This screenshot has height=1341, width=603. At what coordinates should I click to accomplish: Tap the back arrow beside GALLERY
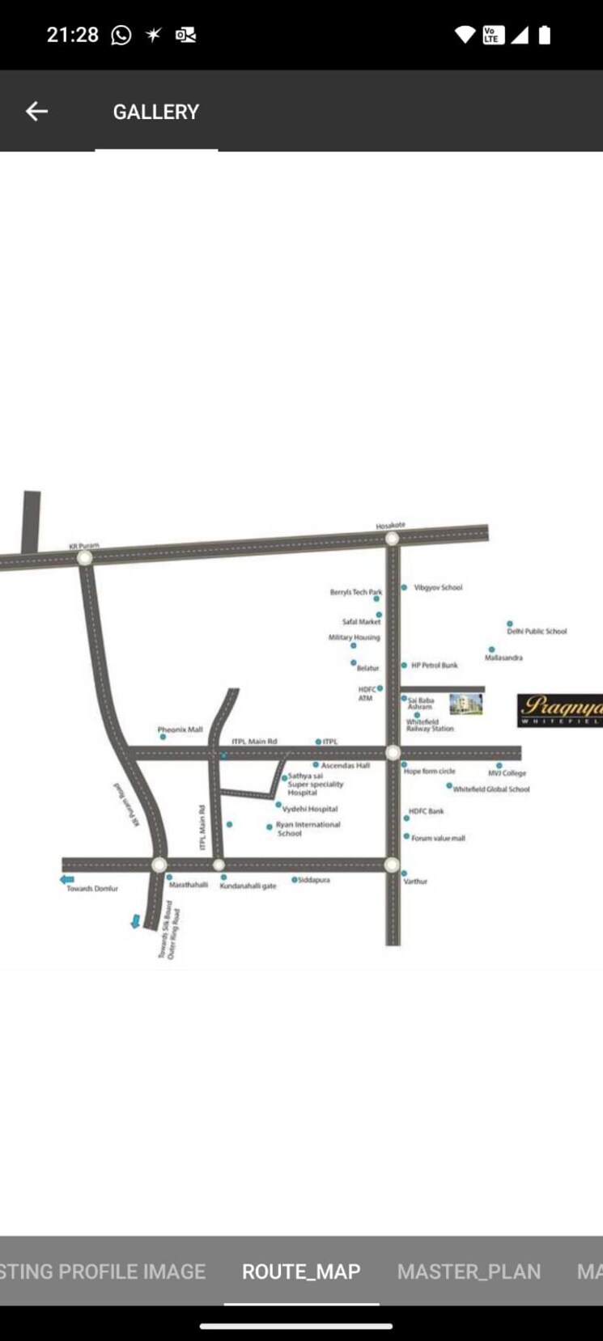(x=36, y=112)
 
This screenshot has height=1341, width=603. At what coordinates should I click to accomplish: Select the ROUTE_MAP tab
(x=301, y=1271)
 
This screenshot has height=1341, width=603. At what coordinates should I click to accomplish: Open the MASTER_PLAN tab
(x=469, y=1271)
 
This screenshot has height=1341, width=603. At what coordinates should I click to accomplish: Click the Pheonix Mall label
(x=180, y=730)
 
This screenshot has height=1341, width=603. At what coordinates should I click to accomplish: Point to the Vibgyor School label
(x=438, y=588)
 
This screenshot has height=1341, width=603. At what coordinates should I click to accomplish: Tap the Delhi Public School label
(x=537, y=632)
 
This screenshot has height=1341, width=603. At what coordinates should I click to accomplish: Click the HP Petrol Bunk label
(x=434, y=666)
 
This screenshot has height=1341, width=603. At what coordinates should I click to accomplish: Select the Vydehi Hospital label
(x=310, y=809)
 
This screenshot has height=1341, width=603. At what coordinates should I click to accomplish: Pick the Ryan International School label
(x=308, y=829)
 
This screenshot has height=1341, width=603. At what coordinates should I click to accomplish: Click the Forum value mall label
(x=438, y=839)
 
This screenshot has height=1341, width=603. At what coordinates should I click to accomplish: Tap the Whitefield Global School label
(x=491, y=789)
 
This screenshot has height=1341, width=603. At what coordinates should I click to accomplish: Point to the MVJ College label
(x=507, y=773)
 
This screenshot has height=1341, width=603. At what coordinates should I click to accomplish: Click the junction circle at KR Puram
(x=84, y=557)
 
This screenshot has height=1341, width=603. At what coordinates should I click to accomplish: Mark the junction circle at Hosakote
(x=393, y=539)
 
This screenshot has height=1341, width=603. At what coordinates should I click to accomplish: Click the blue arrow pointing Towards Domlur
(x=67, y=879)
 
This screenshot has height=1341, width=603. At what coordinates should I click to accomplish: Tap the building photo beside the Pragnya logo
(x=465, y=704)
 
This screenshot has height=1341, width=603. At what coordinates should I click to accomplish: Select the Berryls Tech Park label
(x=355, y=593)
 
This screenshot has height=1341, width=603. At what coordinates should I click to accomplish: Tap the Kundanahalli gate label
(x=248, y=886)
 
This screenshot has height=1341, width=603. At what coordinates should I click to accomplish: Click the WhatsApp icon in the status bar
(x=121, y=35)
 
